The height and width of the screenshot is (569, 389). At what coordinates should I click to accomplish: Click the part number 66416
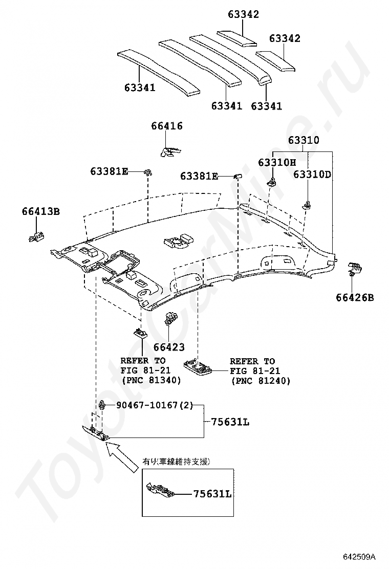(x=167, y=126)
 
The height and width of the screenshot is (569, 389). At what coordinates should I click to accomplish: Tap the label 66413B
(x=40, y=211)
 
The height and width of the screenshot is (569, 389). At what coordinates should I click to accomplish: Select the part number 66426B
(x=355, y=298)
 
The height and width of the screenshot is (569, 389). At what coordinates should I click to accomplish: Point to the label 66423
(x=169, y=347)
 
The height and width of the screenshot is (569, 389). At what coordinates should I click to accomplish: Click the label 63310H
(x=277, y=162)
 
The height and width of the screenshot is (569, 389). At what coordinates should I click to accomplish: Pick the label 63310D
(x=312, y=174)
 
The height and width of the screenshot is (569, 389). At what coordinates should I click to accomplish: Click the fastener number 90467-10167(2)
(x=155, y=405)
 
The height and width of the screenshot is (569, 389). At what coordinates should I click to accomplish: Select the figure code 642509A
(x=359, y=556)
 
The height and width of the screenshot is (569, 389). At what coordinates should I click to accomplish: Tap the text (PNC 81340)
(x=152, y=380)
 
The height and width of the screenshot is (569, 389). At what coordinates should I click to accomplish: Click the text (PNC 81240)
(x=261, y=381)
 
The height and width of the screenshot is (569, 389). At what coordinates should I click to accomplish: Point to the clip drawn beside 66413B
(x=36, y=236)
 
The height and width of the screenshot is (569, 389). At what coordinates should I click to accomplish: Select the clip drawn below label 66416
(x=170, y=151)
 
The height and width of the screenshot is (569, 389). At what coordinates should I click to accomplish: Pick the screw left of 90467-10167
(x=103, y=405)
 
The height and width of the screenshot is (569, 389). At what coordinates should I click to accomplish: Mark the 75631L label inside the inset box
(x=212, y=494)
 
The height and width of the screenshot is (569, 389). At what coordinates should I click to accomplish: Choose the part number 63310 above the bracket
(x=304, y=140)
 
